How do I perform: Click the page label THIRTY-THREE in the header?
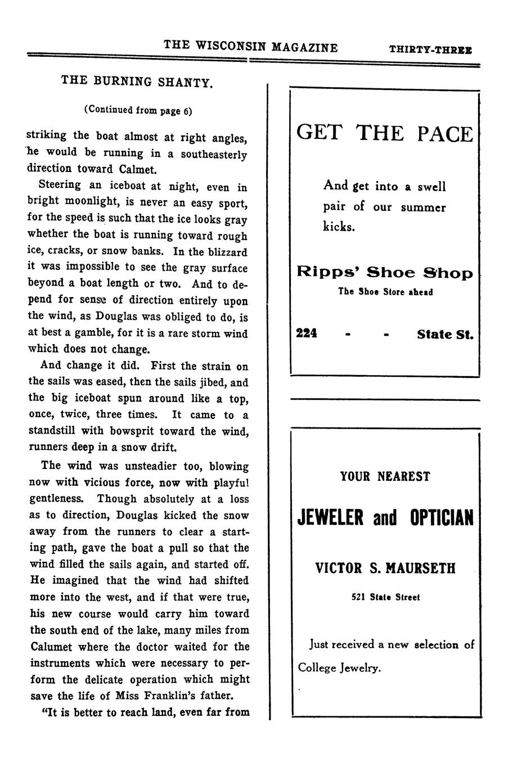[430, 49]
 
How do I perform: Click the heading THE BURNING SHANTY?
[137, 82]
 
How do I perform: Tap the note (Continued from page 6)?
[138, 110]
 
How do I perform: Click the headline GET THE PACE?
[385, 133]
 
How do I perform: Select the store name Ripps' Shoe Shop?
[385, 273]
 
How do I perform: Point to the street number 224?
[307, 333]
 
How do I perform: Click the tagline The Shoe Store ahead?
[385, 292]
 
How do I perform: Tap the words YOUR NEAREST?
[385, 477]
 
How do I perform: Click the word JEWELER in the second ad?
[331, 517]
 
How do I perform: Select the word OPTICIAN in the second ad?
[442, 517]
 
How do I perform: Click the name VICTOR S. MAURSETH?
[385, 568]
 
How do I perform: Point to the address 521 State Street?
[385, 597]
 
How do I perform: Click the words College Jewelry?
[339, 668]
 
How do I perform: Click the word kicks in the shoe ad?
[339, 227]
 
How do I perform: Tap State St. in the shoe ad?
[445, 335]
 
